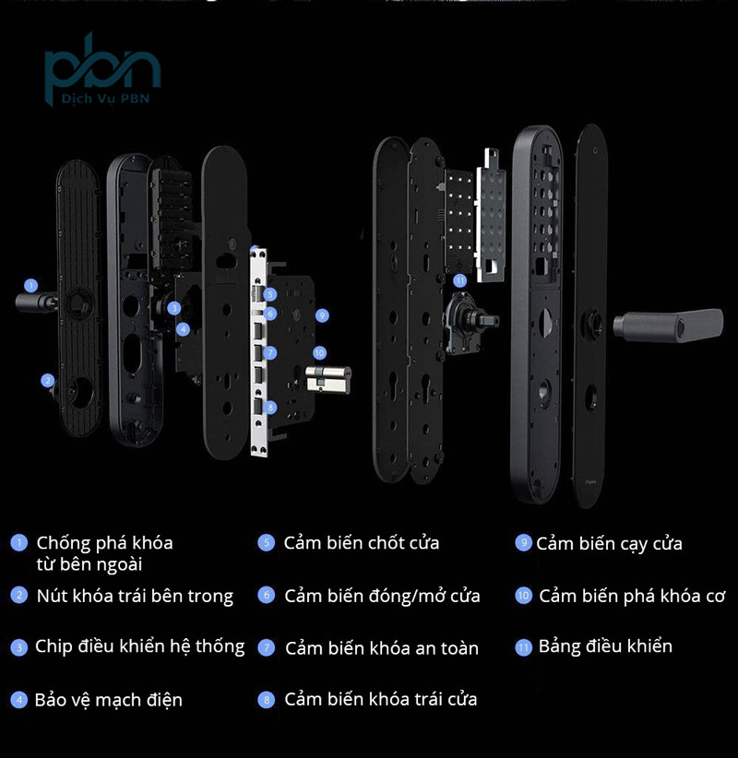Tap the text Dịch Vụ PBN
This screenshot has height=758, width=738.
[x=102, y=99]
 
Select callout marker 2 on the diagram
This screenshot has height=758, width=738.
[x=47, y=379]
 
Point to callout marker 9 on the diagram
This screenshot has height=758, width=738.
[x=321, y=314]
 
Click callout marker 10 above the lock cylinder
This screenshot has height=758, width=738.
[x=319, y=352]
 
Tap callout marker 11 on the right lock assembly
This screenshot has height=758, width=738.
[x=460, y=280]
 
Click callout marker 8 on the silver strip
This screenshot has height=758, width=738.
[x=269, y=407]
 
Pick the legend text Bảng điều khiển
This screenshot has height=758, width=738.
[x=605, y=645]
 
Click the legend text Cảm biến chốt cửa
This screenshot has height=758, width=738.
[x=361, y=542]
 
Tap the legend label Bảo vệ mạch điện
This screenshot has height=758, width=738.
[x=109, y=699]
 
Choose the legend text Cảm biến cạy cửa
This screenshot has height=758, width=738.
[x=609, y=543]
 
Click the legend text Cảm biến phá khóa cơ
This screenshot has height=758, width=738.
[x=632, y=596]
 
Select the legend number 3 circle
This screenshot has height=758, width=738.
[x=19, y=647]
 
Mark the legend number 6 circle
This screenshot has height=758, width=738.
[x=267, y=596]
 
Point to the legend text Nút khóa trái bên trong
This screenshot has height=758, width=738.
[x=135, y=596]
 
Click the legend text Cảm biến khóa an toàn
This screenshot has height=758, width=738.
[x=382, y=648]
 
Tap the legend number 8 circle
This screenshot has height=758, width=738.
[x=267, y=700]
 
